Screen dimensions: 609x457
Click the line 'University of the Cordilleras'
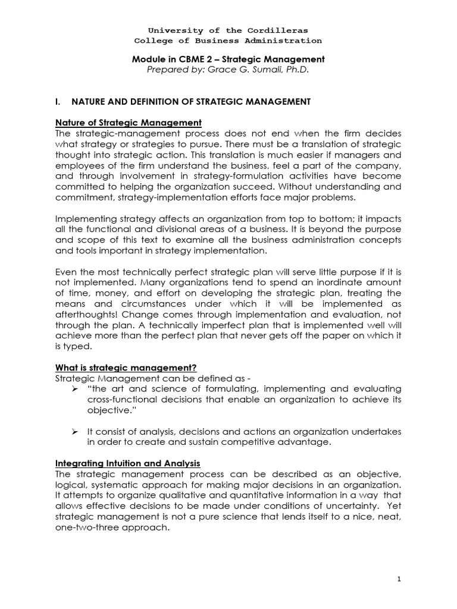point(228,30)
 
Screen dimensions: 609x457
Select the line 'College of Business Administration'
point(228,40)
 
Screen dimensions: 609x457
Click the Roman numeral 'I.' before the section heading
point(58,102)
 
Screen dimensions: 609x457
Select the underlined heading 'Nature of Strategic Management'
point(128,123)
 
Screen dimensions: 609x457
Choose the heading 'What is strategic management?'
point(126,367)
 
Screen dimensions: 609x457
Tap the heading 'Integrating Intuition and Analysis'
point(127,462)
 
